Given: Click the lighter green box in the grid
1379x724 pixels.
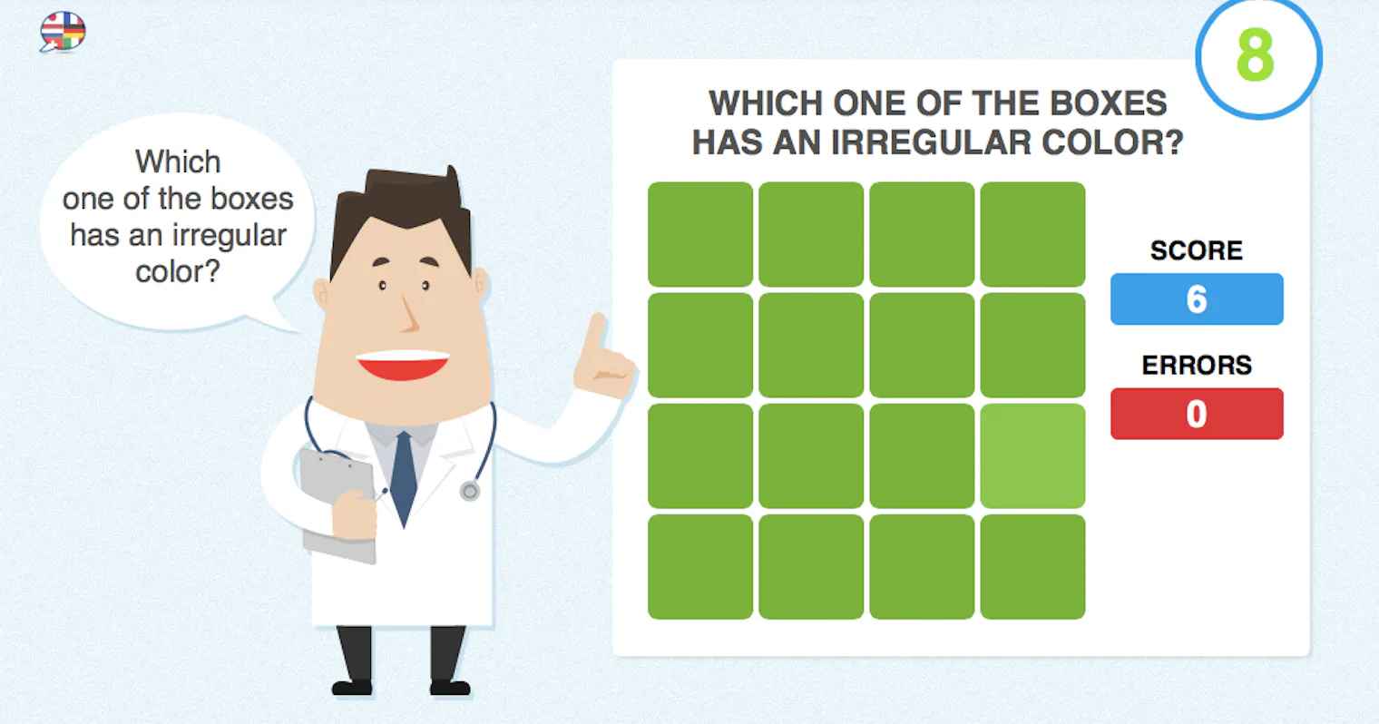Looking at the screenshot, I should click(1032, 455).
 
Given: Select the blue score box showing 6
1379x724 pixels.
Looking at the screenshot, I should click(1196, 299).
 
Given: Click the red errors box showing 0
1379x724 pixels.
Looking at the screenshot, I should click(1196, 414).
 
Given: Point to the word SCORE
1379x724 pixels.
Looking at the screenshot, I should click(1196, 250).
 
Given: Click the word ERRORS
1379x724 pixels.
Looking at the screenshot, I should click(1196, 365).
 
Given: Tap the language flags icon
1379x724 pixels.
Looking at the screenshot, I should click(63, 32).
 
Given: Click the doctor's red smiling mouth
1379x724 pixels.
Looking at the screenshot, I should click(403, 365).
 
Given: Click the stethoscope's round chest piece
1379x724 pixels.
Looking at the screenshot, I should click(469, 492).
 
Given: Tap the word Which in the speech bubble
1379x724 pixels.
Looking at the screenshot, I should click(178, 161).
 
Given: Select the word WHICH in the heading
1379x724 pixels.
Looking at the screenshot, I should click(765, 103).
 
